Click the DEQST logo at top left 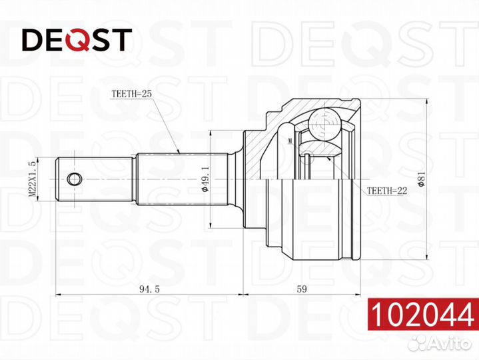click(x=77, y=40)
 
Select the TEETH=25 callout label click(x=131, y=93)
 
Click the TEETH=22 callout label click(x=387, y=191)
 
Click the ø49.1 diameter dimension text click(x=205, y=179)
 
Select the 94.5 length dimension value click(x=149, y=289)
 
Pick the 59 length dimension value click(x=302, y=289)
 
